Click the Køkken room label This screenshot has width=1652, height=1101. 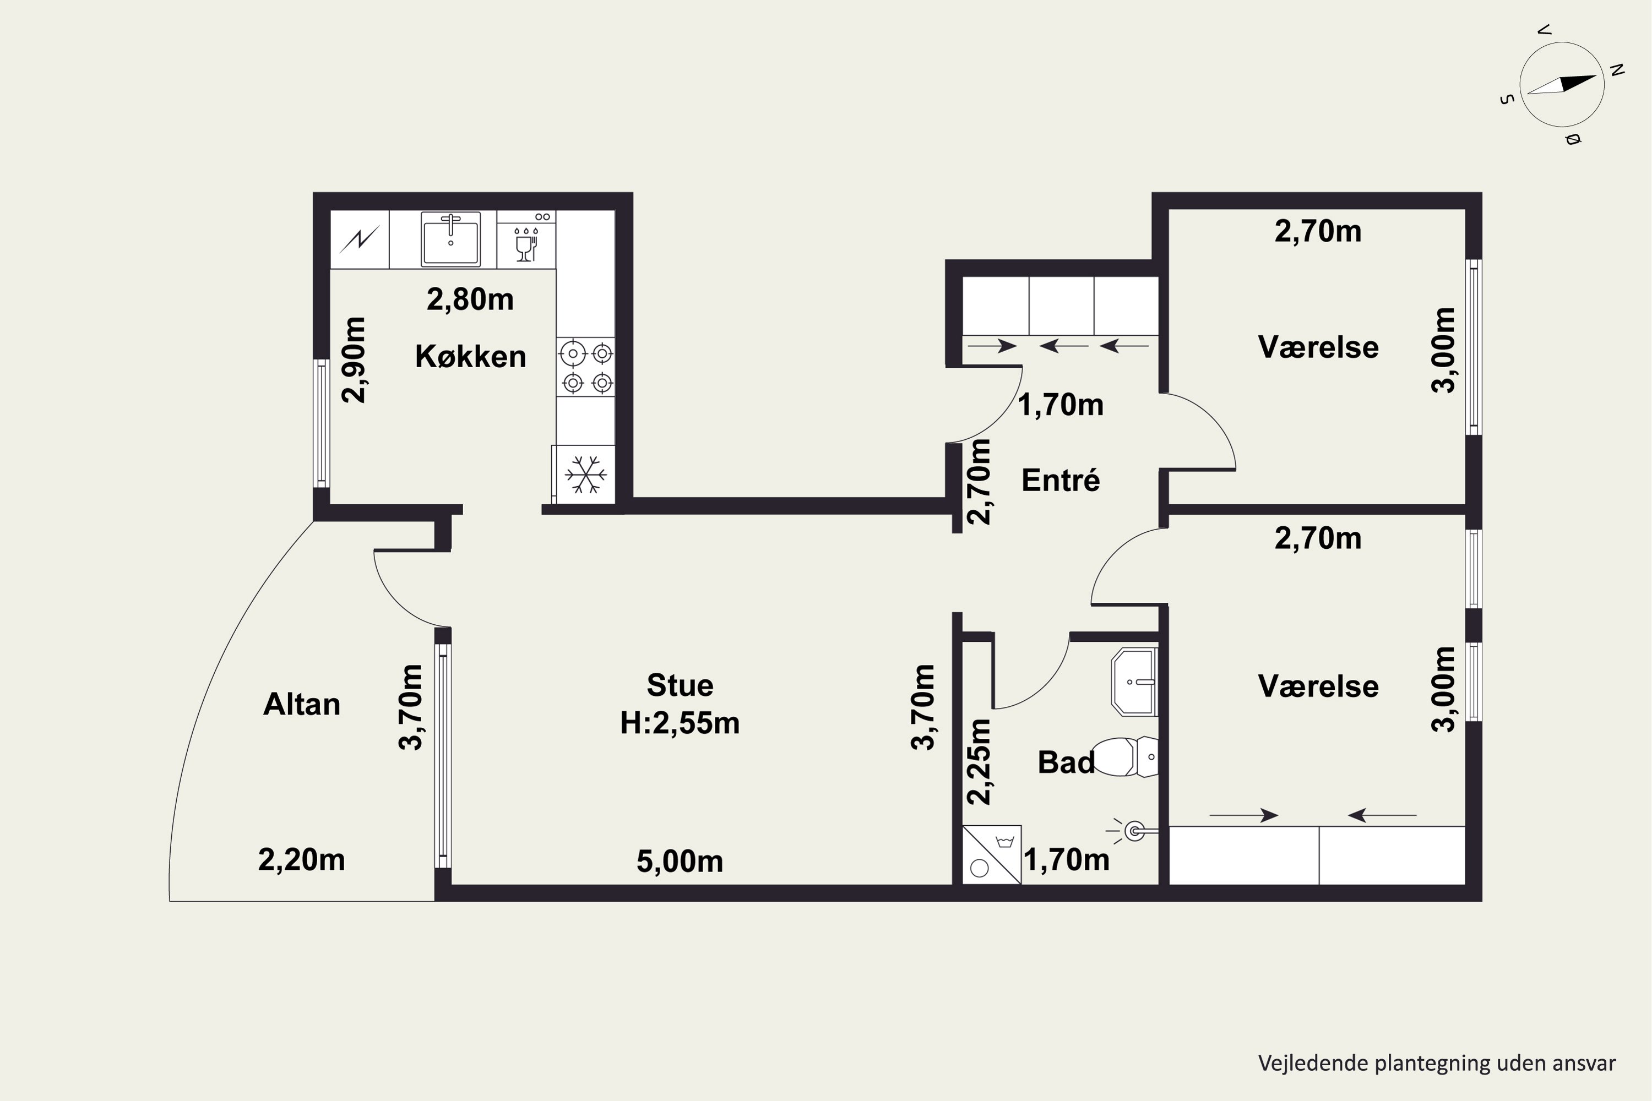(471, 357)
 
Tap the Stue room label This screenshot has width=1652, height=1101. (680, 685)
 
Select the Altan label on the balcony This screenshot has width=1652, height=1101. (302, 704)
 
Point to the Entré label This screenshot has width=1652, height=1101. (1061, 480)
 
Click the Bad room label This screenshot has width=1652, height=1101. (1066, 762)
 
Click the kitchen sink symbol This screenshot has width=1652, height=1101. (450, 239)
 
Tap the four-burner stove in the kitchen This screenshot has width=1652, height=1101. (586, 367)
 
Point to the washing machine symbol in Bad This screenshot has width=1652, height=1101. (991, 854)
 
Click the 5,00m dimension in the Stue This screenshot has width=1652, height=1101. (680, 862)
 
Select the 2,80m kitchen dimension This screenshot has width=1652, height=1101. (471, 300)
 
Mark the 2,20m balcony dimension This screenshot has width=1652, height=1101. (302, 860)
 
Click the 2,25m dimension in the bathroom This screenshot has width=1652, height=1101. (979, 762)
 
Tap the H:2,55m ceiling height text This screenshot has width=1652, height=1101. (680, 723)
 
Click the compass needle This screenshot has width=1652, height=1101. (1562, 84)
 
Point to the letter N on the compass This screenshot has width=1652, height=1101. (1617, 69)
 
